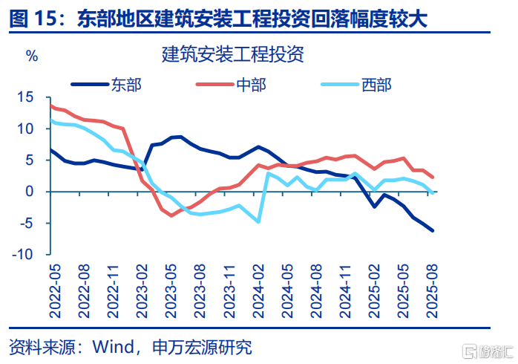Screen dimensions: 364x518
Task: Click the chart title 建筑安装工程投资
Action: point(232,54)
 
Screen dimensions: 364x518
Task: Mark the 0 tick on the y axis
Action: point(30,191)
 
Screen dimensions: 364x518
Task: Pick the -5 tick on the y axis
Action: point(27,223)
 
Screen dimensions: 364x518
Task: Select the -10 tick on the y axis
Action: point(24,254)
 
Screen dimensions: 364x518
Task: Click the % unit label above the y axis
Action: point(31,55)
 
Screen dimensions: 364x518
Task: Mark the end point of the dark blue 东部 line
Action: point(433,230)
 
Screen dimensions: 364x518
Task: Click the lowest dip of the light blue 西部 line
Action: point(258,221)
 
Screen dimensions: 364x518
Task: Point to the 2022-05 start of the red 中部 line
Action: point(50,105)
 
